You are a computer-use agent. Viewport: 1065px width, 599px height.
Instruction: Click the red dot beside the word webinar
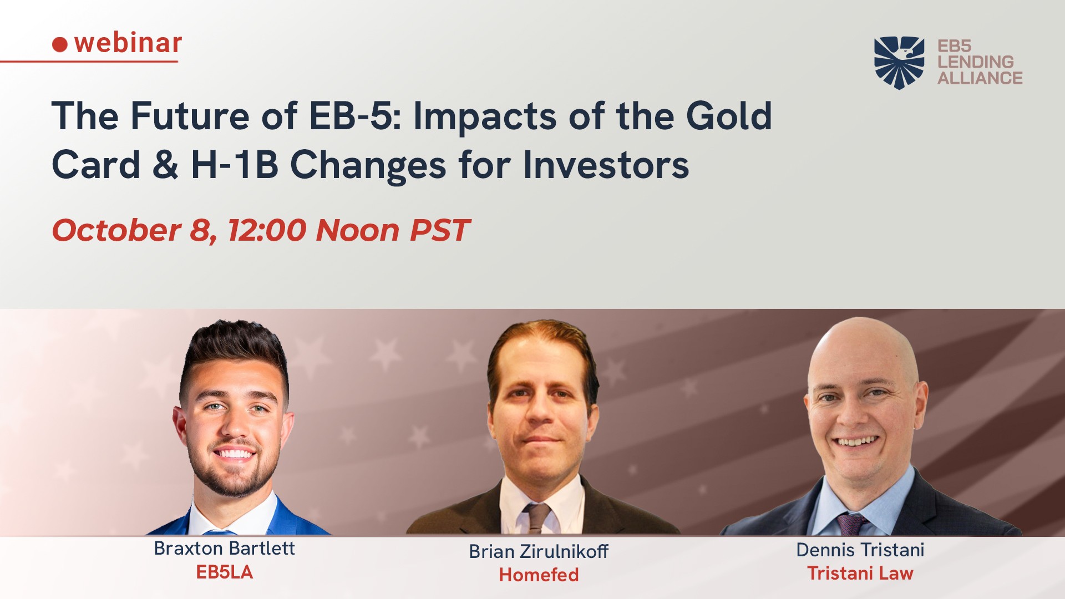[60, 44]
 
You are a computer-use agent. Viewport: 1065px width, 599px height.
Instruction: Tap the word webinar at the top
[128, 43]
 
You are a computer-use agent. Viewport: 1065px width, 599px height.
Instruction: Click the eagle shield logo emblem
[899, 63]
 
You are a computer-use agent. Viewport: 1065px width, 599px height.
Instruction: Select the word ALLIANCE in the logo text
[980, 78]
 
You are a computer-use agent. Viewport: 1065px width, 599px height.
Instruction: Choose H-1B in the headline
[235, 165]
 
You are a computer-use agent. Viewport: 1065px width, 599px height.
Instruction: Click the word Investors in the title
[606, 165]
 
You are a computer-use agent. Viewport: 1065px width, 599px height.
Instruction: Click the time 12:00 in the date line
[267, 230]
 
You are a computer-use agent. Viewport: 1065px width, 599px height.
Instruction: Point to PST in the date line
[439, 230]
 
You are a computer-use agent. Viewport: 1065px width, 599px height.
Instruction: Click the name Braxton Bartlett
[224, 548]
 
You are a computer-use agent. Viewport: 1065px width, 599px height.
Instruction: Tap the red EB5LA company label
[224, 572]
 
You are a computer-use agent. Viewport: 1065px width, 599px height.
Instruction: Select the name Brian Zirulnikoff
[539, 551]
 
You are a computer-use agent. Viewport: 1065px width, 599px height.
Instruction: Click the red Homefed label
[539, 575]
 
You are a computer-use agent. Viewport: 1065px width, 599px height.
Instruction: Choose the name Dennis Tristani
[860, 550]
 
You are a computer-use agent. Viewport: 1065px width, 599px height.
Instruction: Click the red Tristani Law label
[860, 573]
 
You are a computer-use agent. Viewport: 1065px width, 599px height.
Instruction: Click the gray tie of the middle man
[537, 518]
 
